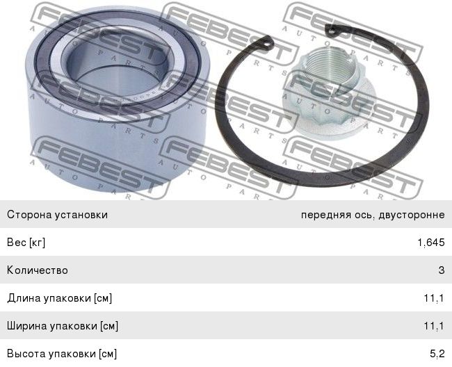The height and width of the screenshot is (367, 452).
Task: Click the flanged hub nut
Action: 329,94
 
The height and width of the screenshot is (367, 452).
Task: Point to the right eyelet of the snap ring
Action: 331,30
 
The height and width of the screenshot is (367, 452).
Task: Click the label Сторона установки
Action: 57,215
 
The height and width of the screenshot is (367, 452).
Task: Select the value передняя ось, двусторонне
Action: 373,215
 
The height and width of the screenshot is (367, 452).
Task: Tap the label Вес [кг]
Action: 26,243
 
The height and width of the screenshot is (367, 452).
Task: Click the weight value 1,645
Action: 431,243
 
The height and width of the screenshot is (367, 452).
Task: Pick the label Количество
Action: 38,270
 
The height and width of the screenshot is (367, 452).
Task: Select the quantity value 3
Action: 442,270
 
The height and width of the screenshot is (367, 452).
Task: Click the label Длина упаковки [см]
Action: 59,298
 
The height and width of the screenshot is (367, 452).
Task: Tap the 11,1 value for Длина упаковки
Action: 434,298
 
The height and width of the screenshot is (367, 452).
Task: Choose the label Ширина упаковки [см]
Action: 63,326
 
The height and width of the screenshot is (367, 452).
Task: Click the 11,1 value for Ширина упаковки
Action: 434,326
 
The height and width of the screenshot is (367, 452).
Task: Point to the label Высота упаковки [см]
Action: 62,354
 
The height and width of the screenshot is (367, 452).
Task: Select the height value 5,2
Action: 437,354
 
